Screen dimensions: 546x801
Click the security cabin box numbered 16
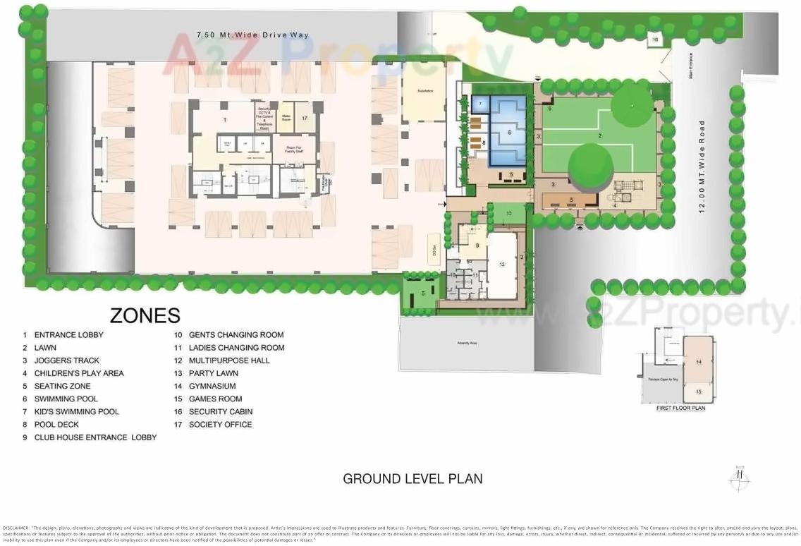(655, 40)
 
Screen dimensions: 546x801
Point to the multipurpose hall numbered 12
(501, 265)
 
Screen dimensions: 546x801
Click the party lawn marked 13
(508, 213)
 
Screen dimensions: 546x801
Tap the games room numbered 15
(699, 392)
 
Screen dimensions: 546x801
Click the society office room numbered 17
(305, 119)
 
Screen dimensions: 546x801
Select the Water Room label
(286, 116)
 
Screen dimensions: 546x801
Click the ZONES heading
(145, 315)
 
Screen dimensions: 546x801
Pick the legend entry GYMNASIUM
(212, 386)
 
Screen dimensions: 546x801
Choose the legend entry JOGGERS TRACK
(66, 360)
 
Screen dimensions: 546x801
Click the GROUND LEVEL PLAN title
(412, 478)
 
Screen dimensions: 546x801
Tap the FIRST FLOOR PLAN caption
(680, 408)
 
